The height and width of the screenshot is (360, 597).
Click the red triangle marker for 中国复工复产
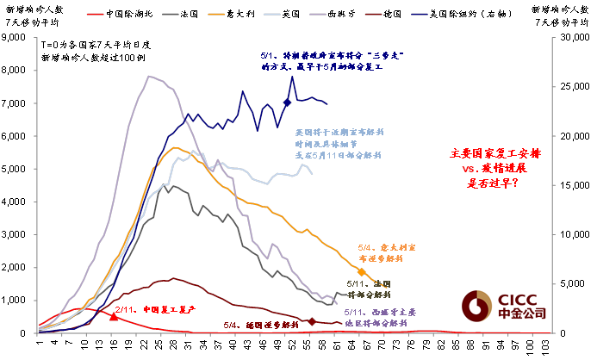point(114,316)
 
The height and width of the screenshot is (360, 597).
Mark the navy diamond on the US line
point(287,102)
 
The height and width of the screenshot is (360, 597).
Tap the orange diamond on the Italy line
point(362,272)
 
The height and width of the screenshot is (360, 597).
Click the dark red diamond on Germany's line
point(311,322)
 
